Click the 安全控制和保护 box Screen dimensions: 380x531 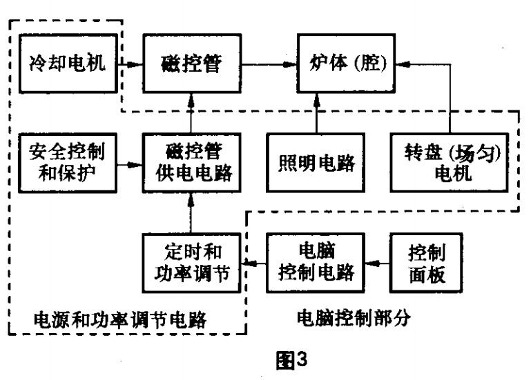(x=67, y=162)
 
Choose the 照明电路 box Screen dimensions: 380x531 (x=317, y=162)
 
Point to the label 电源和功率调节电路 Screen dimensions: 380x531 (x=120, y=320)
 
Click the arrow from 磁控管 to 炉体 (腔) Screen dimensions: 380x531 (x=272, y=66)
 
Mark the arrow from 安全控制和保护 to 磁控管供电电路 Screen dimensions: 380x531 (x=129, y=164)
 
